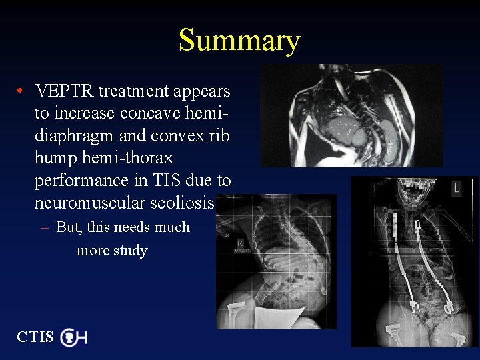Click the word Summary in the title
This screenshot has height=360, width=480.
(239, 41)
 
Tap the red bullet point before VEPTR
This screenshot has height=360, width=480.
(22, 91)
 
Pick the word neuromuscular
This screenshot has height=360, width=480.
(91, 203)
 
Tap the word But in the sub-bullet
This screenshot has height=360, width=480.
(68, 227)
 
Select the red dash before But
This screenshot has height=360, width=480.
(45, 227)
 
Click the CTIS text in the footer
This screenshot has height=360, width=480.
(35, 337)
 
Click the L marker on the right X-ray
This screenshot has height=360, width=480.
(456, 189)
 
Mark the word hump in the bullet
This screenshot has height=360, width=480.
(53, 158)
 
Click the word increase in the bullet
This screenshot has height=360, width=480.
(83, 113)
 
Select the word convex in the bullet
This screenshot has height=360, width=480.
(176, 135)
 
